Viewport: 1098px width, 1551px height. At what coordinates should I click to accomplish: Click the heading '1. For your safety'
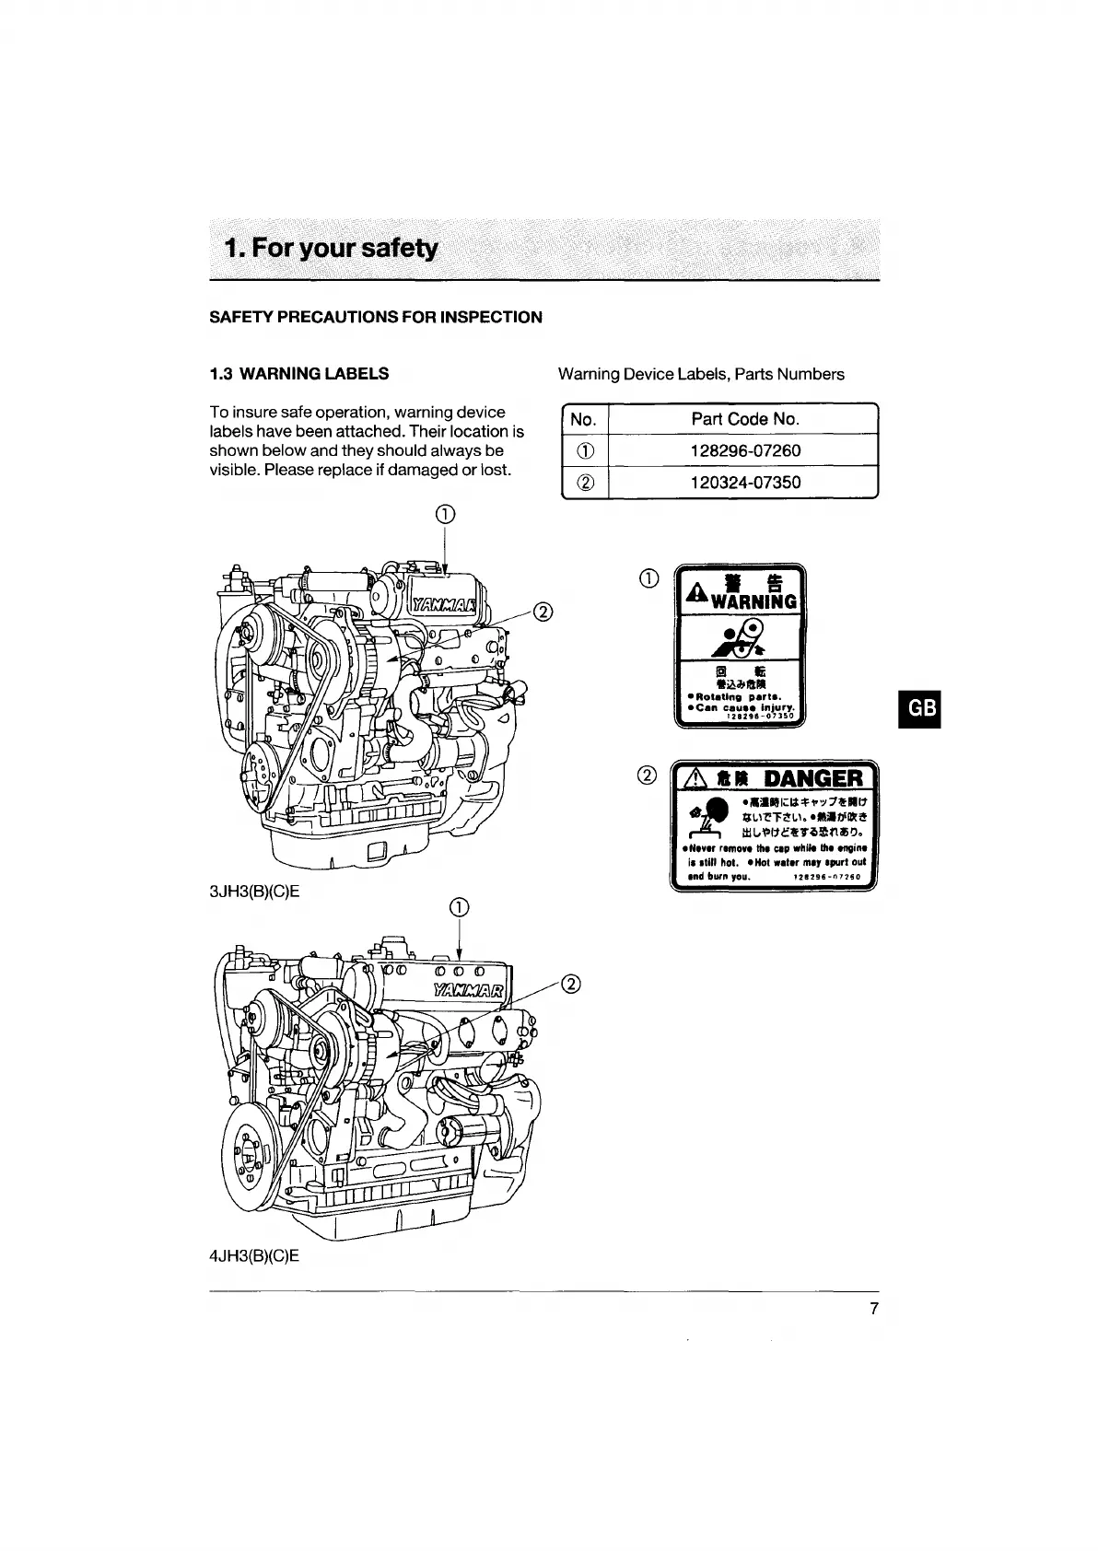tap(333, 249)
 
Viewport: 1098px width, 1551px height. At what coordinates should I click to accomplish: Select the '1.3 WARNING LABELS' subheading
tap(299, 374)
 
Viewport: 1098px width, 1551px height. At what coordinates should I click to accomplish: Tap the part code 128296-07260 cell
tap(744, 450)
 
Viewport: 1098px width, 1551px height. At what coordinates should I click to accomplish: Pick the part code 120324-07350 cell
tap(744, 482)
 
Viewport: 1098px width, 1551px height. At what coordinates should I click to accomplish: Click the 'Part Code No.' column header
tap(744, 419)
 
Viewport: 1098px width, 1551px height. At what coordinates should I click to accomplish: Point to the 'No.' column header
tap(583, 419)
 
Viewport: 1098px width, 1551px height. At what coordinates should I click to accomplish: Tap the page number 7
tap(874, 1309)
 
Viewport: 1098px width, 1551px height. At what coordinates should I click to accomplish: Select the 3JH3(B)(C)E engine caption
tap(255, 892)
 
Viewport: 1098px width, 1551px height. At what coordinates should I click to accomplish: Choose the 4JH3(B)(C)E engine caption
tap(255, 1256)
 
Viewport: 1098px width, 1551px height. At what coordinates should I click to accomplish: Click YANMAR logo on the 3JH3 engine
tap(445, 604)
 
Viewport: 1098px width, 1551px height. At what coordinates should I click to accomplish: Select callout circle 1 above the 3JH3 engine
tap(445, 514)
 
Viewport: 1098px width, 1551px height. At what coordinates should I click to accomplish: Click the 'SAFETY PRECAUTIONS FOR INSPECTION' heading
tap(376, 318)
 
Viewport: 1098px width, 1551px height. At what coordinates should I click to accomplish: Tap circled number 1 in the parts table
tap(584, 450)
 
